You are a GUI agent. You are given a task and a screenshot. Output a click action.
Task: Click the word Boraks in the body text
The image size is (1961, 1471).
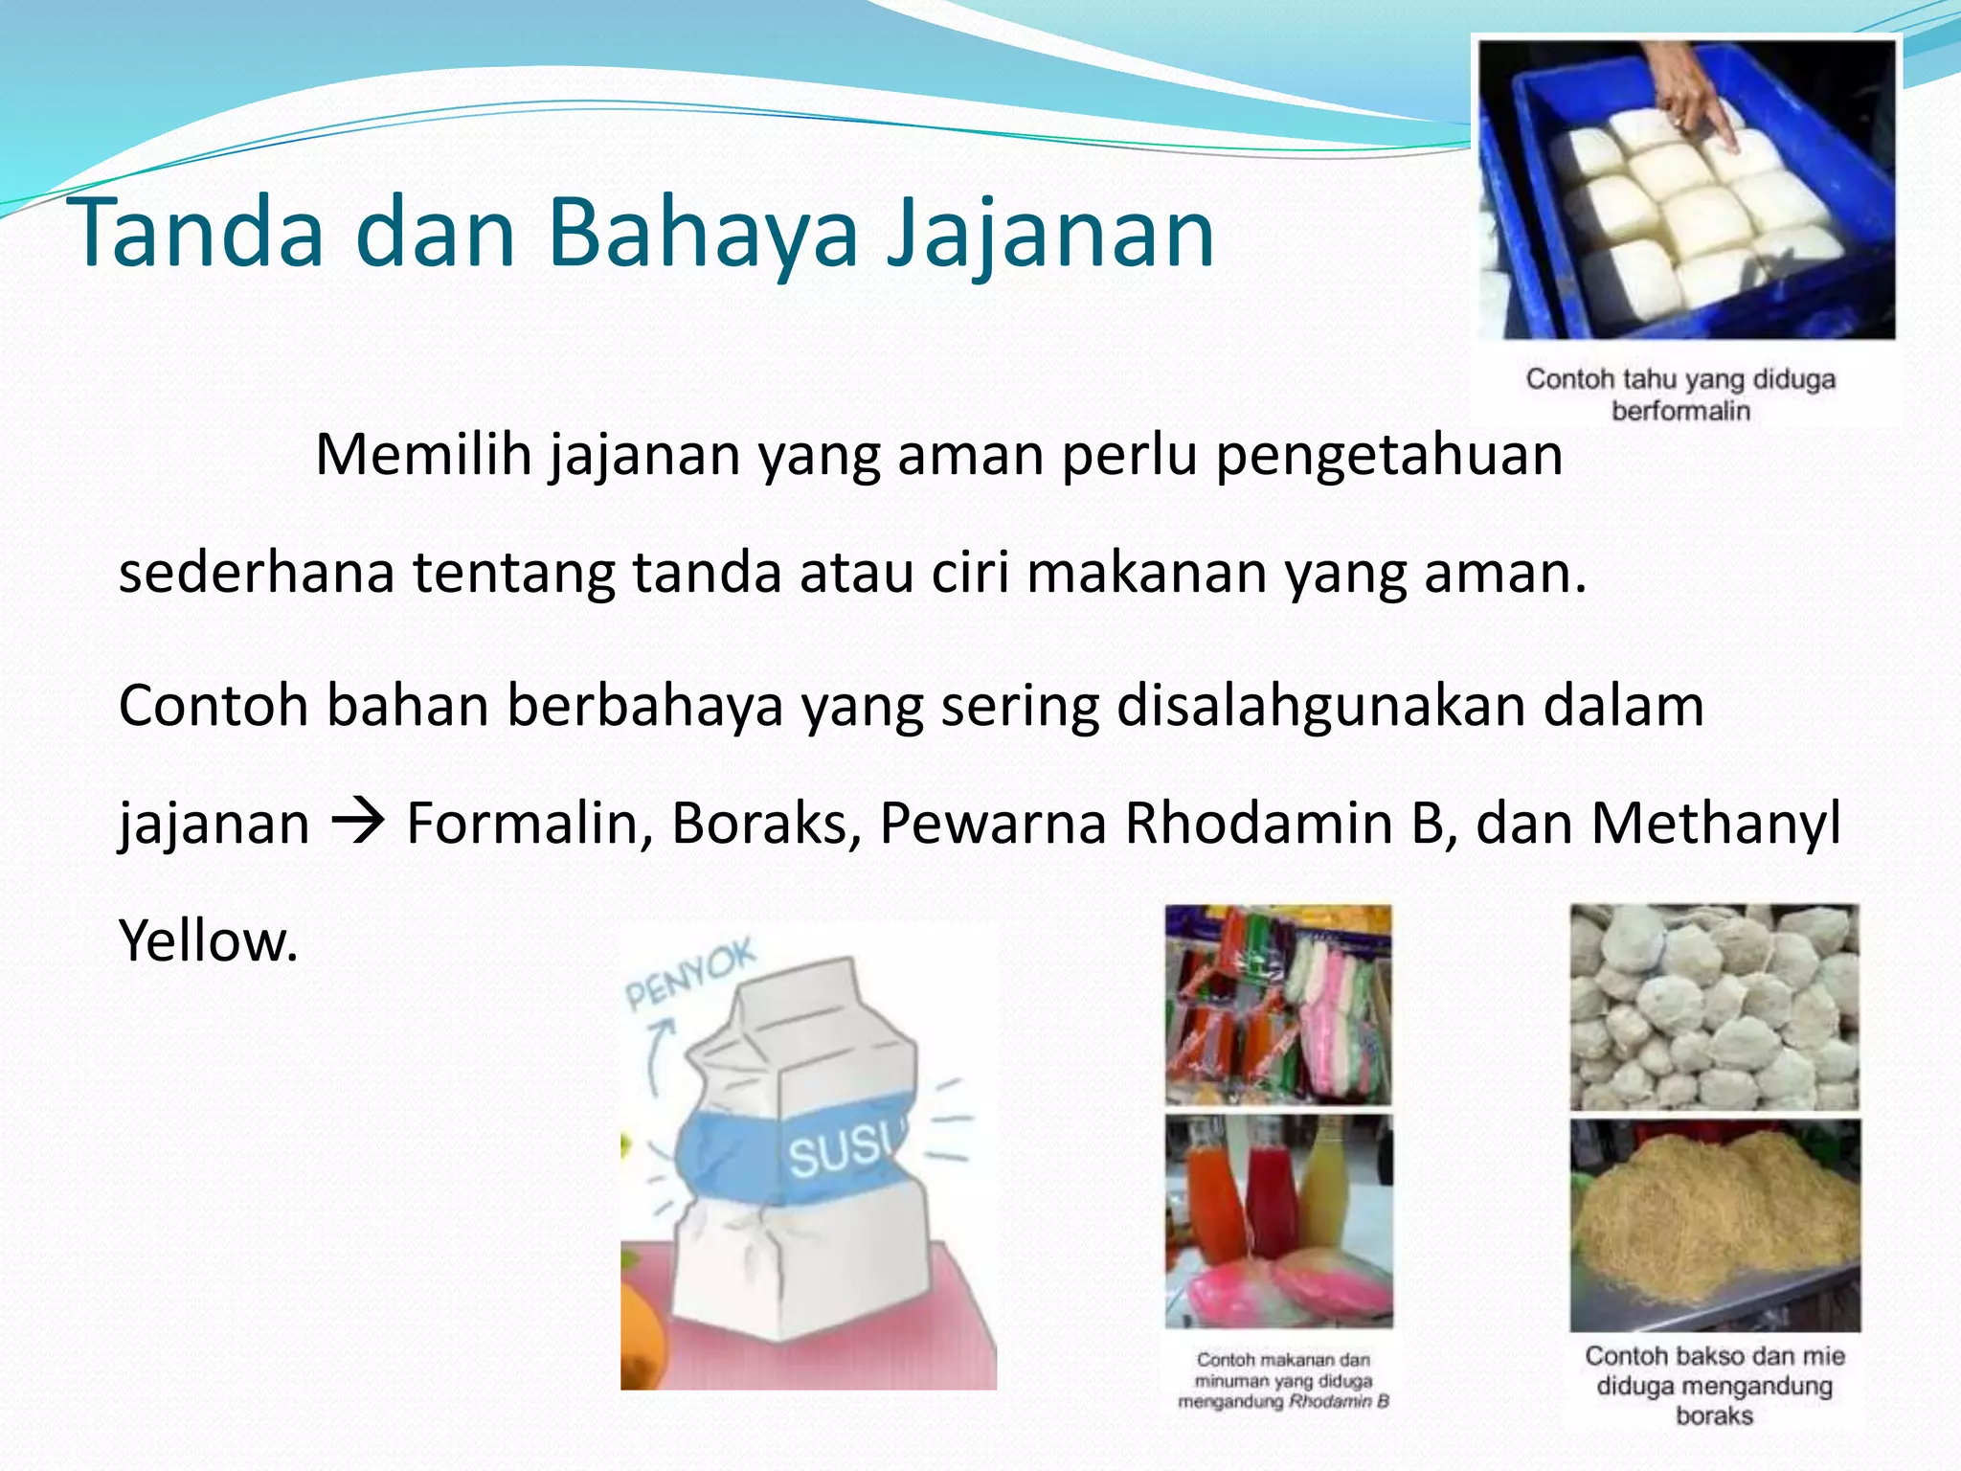765,824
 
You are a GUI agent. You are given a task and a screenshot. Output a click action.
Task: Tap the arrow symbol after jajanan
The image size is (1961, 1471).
358,822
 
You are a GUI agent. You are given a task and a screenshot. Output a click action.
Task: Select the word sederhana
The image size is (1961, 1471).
257,573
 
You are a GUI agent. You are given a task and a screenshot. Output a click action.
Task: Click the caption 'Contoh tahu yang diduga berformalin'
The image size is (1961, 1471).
1681,395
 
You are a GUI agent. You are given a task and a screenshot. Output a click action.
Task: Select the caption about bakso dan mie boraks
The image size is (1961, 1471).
1714,1385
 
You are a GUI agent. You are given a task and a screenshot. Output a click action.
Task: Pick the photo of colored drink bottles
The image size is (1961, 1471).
1279,1220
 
